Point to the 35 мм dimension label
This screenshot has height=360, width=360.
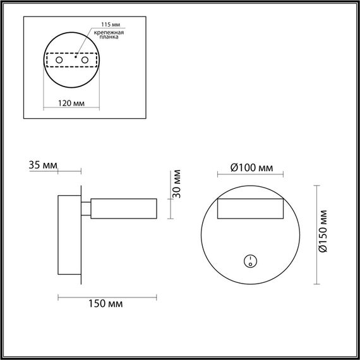point(43,165)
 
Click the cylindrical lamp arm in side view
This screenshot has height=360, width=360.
point(123,209)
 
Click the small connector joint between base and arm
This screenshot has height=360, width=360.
point(85,209)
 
